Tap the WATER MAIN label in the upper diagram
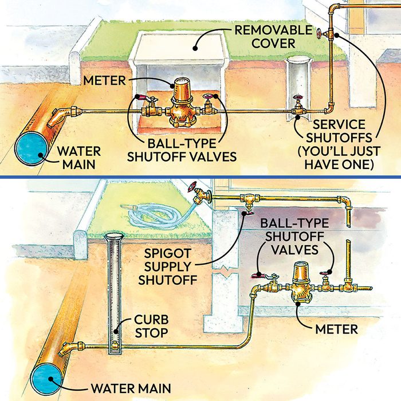[80, 159]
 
